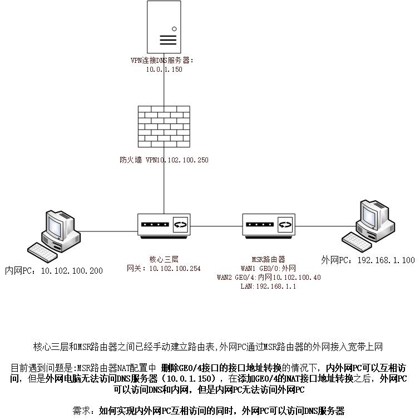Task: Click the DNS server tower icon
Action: tap(164, 27)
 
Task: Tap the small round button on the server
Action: tap(174, 29)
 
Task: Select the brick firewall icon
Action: tap(164, 126)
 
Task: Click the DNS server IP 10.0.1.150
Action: tap(164, 70)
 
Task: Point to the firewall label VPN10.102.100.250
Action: tap(177, 160)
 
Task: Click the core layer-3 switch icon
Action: tap(164, 226)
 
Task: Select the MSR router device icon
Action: tap(269, 226)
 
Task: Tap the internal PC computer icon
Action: tap(54, 236)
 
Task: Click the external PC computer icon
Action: tap(368, 225)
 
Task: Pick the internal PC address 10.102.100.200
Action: tap(72, 271)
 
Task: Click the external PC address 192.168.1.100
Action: tap(386, 260)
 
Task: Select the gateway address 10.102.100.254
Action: tap(175, 268)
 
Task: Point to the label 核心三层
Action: tap(164, 259)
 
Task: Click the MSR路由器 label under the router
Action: tap(268, 259)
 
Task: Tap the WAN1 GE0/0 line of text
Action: tap(268, 268)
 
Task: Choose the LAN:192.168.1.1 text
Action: tap(268, 286)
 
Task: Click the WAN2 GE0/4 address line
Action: tap(269, 277)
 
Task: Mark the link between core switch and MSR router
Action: tap(216, 226)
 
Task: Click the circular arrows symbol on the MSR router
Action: tap(285, 225)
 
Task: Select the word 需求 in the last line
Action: tap(81, 411)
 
